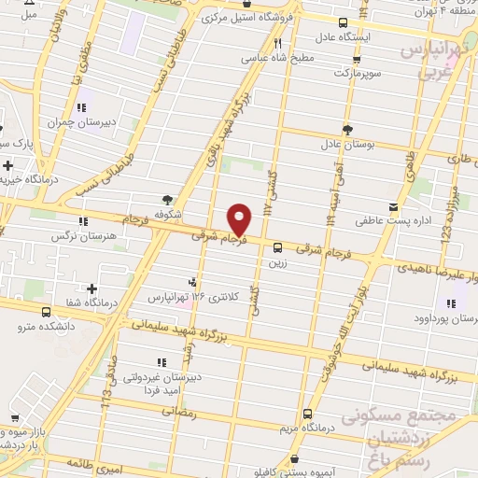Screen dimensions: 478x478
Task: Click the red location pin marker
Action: pos(240,218)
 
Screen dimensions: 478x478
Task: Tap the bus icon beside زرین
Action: pos(278,247)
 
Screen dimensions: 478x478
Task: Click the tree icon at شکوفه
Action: pos(167,199)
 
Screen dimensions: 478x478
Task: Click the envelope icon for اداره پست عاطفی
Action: pos(393,206)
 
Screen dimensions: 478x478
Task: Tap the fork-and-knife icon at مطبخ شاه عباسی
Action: pos(277,43)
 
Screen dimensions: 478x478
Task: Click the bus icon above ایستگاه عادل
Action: pos(344,22)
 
